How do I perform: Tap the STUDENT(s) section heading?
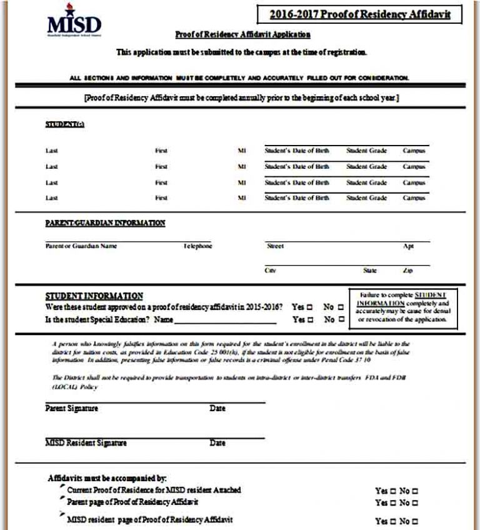point(64,124)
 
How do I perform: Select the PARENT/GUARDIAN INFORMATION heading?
point(105,223)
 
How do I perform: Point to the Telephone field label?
point(197,246)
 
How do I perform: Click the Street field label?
point(275,246)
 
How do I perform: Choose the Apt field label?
point(408,246)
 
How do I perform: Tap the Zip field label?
point(407,271)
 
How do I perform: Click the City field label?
point(271,271)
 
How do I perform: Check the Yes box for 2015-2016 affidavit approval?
point(309,307)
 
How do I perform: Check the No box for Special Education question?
point(341,320)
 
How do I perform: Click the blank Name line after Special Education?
point(225,321)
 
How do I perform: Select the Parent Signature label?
point(71,409)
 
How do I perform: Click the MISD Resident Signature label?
point(86,443)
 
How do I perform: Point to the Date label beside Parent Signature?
point(217,409)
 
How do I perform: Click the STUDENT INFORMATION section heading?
point(94,296)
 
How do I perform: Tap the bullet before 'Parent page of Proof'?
point(61,500)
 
